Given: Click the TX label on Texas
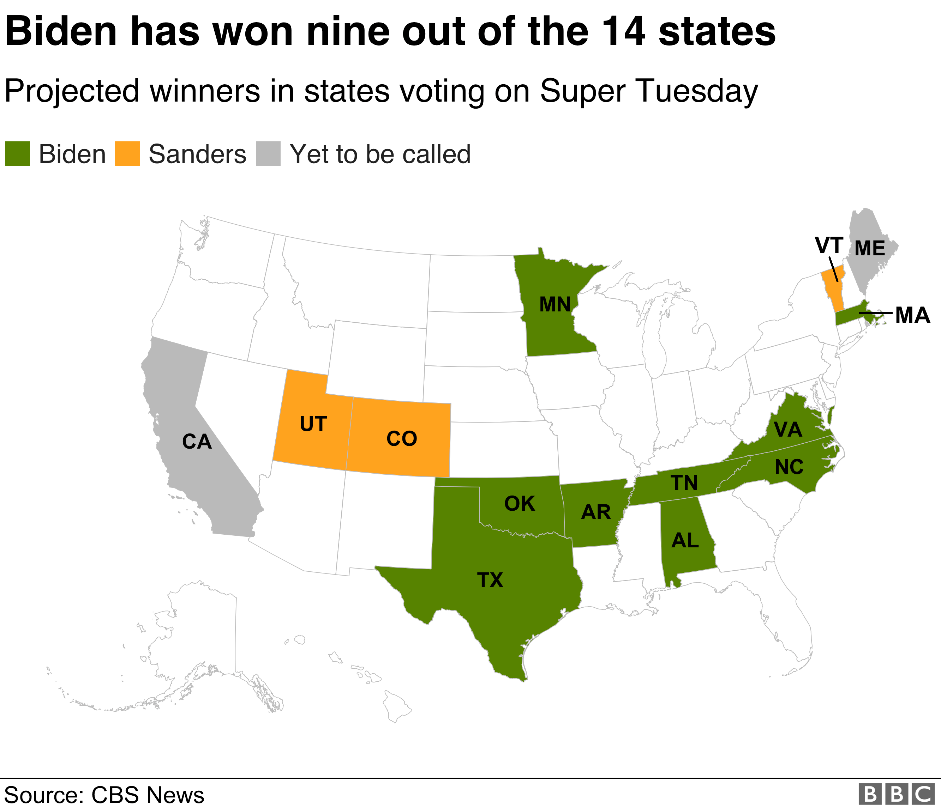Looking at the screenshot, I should click(490, 580).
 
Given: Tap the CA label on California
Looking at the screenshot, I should click(197, 442).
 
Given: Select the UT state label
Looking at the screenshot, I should click(313, 424).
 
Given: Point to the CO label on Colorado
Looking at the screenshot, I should click(401, 439).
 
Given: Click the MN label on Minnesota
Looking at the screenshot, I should click(555, 304).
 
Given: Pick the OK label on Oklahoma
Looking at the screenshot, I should click(520, 504).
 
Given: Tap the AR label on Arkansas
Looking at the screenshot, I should click(596, 512).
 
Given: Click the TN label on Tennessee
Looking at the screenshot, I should click(684, 483).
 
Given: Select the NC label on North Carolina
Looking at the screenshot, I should click(789, 467).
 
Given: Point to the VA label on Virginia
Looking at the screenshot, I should click(788, 429).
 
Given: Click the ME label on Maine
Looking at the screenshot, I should click(870, 248).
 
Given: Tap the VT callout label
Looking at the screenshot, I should click(829, 245).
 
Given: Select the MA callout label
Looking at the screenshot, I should click(912, 315).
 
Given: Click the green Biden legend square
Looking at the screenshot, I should click(18, 154).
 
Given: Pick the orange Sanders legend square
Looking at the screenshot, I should click(127, 154).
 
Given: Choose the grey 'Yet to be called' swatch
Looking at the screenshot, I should click(268, 154).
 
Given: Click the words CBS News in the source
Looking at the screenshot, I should click(148, 795).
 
